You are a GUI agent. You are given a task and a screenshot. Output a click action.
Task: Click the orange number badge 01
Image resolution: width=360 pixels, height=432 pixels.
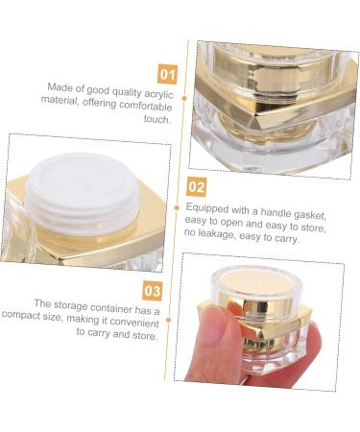166,72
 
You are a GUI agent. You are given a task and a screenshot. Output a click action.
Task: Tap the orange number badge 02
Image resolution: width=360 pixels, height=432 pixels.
195,187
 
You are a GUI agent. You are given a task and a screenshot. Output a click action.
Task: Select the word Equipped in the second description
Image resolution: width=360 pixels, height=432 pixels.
205,205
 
